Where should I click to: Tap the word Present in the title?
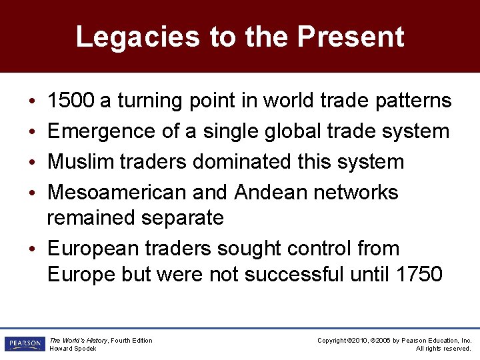click(x=351, y=37)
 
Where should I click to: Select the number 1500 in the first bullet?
click(x=71, y=101)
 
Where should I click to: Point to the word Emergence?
click(x=102, y=131)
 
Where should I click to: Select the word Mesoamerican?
click(x=117, y=193)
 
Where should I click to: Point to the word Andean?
click(x=271, y=193)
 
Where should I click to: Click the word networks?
click(x=356, y=193)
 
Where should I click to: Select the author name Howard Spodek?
click(x=73, y=349)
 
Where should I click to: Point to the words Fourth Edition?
click(x=132, y=341)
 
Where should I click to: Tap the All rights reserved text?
click(x=444, y=349)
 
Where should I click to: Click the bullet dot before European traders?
click(x=33, y=249)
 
